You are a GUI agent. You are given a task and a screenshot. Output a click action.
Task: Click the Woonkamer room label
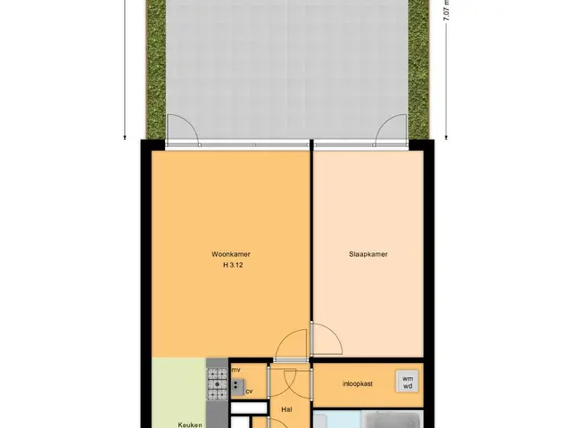click(x=230, y=254)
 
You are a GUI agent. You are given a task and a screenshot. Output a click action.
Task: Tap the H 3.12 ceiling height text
click(x=233, y=265)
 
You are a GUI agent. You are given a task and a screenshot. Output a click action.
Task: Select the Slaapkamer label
click(x=368, y=254)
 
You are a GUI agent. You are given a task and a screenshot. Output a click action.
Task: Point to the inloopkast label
click(x=357, y=383)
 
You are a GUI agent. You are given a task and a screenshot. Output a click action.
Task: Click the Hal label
click(x=287, y=409)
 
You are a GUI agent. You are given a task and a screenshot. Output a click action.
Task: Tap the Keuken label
click(x=190, y=424)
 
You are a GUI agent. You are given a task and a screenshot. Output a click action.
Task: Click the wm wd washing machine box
click(x=408, y=382)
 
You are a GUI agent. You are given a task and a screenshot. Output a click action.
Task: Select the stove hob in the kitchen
click(x=218, y=384)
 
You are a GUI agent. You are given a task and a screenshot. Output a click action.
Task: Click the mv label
click(x=236, y=370)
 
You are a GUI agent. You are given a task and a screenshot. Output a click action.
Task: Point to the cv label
click(x=249, y=391)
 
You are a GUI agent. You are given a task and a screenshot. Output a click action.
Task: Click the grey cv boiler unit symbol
click(x=238, y=387)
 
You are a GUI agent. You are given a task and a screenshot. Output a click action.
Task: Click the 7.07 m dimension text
click(x=447, y=10)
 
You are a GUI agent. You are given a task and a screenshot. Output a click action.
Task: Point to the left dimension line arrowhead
click(x=125, y=137)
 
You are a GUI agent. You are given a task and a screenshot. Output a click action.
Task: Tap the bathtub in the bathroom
click(x=393, y=420)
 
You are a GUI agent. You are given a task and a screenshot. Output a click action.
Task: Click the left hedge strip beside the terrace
click(x=156, y=70)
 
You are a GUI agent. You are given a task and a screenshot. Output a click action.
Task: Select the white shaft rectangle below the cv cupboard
click(x=250, y=408)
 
